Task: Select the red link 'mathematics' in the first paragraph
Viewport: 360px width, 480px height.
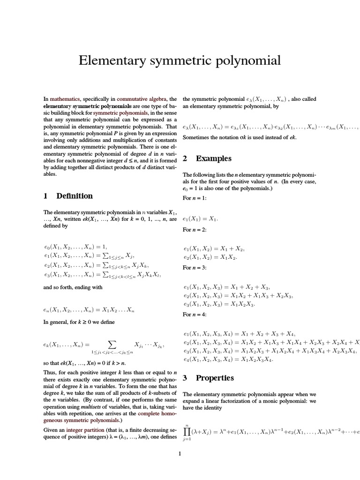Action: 65,99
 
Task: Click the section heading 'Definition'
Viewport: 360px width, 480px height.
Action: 75,196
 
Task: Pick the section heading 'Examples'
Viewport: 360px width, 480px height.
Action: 214,158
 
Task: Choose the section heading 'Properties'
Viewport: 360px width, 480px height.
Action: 215,377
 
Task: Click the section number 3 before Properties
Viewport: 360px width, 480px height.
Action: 185,377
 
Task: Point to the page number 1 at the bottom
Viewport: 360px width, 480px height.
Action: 180,454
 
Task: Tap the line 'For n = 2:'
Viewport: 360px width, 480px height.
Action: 195,230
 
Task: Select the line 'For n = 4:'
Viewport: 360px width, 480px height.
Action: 195,315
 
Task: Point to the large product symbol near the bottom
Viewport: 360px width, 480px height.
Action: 187,431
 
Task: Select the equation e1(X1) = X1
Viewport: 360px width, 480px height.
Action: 200,219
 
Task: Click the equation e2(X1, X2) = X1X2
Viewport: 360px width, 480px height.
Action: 210,257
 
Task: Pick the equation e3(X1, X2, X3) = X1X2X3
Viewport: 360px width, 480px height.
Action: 219,305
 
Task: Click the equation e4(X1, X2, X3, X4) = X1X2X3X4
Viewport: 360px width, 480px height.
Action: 228,360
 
